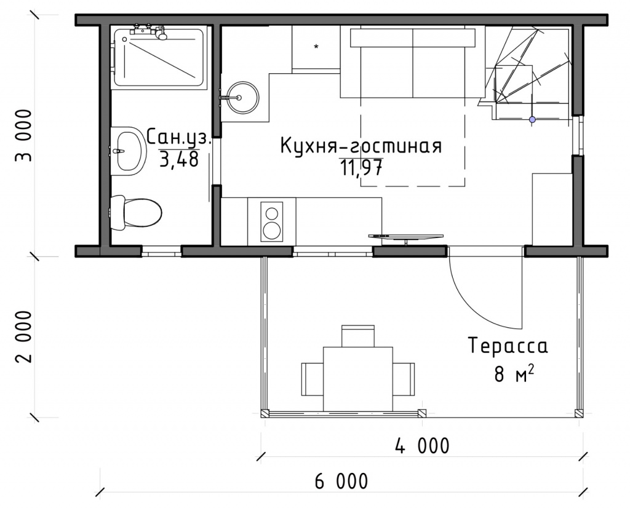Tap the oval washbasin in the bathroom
click(128, 151)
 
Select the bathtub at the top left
click(159, 57)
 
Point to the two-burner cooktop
click(271, 221)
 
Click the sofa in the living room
click(413, 63)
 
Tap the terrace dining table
click(358, 379)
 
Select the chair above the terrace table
click(358, 336)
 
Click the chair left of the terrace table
click(312, 379)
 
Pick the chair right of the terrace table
click(404, 379)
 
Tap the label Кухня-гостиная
click(361, 146)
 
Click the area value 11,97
click(361, 167)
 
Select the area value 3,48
click(179, 159)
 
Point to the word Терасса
click(508, 346)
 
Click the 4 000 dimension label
click(422, 446)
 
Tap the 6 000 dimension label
click(341, 481)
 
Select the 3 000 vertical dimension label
click(23, 135)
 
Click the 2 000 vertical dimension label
click(23, 336)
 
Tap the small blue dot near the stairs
click(532, 119)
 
